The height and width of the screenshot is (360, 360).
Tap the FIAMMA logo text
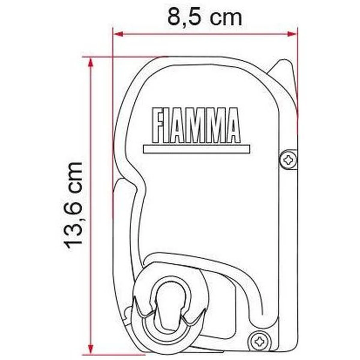pos(196,125)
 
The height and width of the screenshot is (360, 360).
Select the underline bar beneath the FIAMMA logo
pos(197,149)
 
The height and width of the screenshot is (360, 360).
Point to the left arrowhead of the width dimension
pos(118,34)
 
